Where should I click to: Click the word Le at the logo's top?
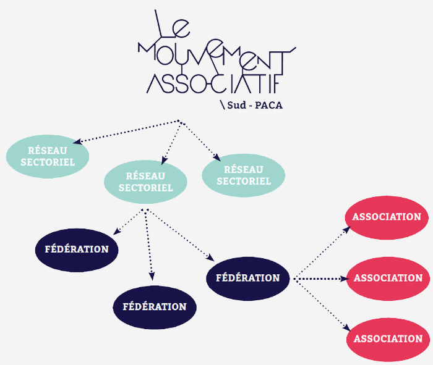click(169, 25)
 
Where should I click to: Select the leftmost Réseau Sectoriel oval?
click(48, 156)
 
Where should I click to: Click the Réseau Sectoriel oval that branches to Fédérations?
click(145, 182)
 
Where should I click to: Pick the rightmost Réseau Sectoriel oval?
click(244, 175)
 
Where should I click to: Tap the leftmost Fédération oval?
click(77, 250)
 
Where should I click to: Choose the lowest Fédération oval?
click(154, 306)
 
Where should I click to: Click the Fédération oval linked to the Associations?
click(247, 278)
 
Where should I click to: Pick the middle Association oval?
click(388, 279)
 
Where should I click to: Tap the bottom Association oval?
click(388, 338)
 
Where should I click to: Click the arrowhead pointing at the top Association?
click(347, 229)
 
